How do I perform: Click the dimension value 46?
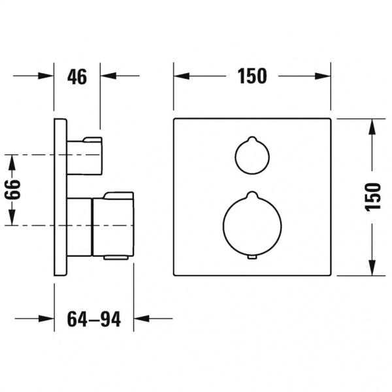(x=77, y=76)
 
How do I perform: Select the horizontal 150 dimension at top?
(x=252, y=76)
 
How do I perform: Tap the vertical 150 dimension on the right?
(x=373, y=197)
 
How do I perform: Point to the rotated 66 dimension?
(x=12, y=189)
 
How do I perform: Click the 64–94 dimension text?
(x=94, y=319)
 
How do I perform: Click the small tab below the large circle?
(x=252, y=258)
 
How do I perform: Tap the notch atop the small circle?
(x=252, y=139)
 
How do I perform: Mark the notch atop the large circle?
(x=252, y=194)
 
